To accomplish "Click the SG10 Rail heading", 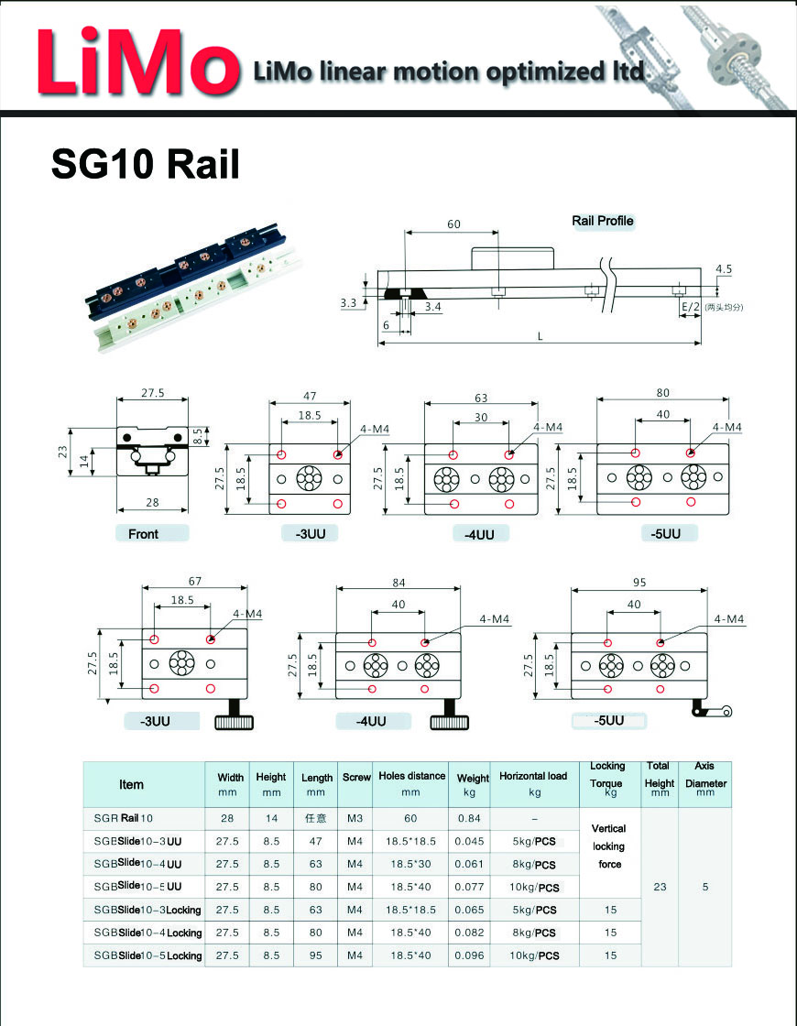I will coord(145,164).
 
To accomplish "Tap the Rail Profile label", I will coord(602,221).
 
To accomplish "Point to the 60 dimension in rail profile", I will coord(453,224).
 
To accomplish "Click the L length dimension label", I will coord(540,336).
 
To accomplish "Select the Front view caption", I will coord(143,534).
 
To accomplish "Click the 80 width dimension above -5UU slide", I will coord(662,393).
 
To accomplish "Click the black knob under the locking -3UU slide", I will coord(235,723).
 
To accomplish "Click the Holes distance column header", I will coord(411,784).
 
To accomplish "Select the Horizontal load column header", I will coord(533,784).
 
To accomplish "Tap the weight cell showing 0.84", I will coord(469,818).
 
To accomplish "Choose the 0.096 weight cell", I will coord(469,955).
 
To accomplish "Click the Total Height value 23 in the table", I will coord(659,887).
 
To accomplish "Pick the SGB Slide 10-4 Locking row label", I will coord(147,933).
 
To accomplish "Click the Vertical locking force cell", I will coord(609,846).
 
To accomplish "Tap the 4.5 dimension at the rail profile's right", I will coord(723,269).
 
